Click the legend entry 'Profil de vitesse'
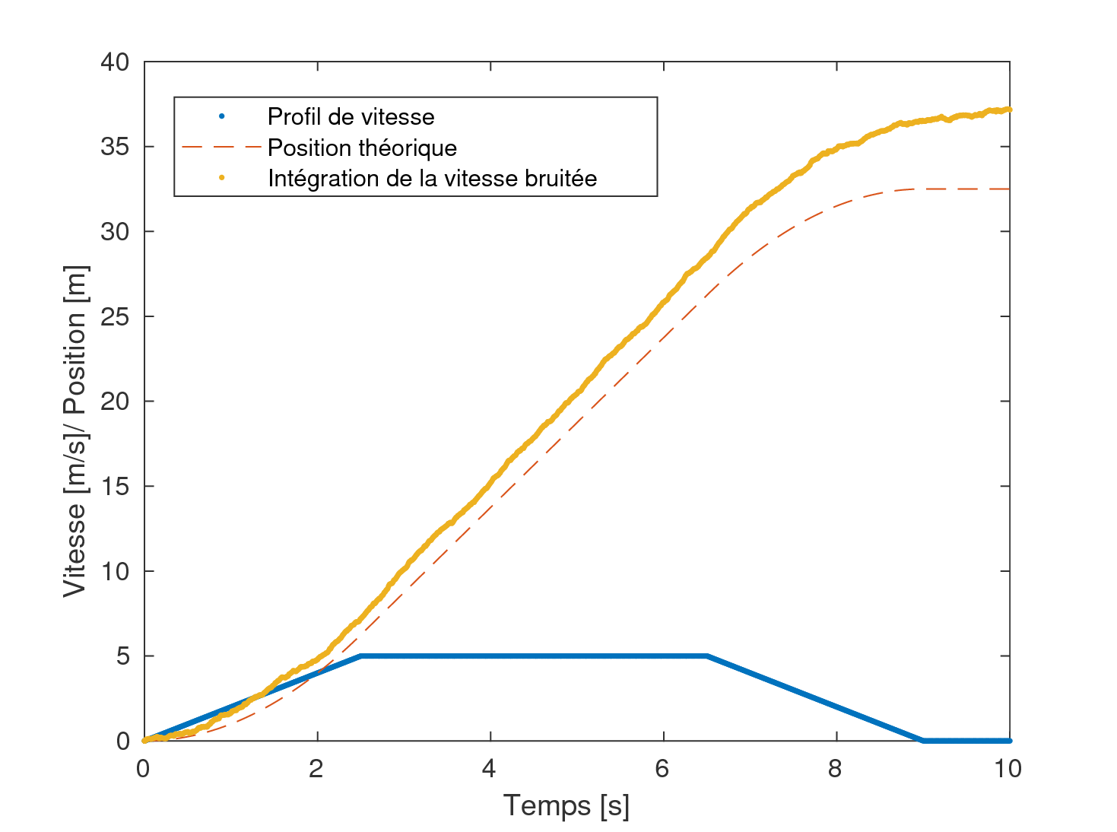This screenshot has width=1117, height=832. click(351, 116)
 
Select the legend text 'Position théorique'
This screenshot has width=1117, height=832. click(362, 148)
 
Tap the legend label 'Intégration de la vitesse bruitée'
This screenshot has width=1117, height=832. click(432, 178)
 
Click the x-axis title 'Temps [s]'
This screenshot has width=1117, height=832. click(566, 805)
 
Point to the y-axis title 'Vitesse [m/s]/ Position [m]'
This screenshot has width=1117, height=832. click(75, 431)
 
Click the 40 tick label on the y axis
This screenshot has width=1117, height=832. click(115, 62)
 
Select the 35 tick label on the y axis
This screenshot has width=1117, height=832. click(115, 147)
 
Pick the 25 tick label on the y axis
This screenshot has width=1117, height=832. click(115, 316)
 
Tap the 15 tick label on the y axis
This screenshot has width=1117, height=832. click(115, 486)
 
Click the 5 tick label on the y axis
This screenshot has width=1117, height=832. click(123, 656)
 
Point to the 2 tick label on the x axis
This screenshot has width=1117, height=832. click(316, 769)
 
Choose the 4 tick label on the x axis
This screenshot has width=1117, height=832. click(490, 769)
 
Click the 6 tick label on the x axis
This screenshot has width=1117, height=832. click(662, 769)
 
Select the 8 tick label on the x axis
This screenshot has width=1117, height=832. click(836, 769)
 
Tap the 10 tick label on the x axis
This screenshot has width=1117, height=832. click(1008, 769)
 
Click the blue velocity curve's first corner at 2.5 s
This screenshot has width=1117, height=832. click(360, 656)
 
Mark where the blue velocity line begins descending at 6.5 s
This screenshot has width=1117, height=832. click(706, 656)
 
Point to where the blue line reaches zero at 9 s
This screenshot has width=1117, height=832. click(923, 741)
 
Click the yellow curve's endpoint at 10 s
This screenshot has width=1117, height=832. click(1009, 110)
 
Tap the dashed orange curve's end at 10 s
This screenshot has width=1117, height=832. click(1009, 189)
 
